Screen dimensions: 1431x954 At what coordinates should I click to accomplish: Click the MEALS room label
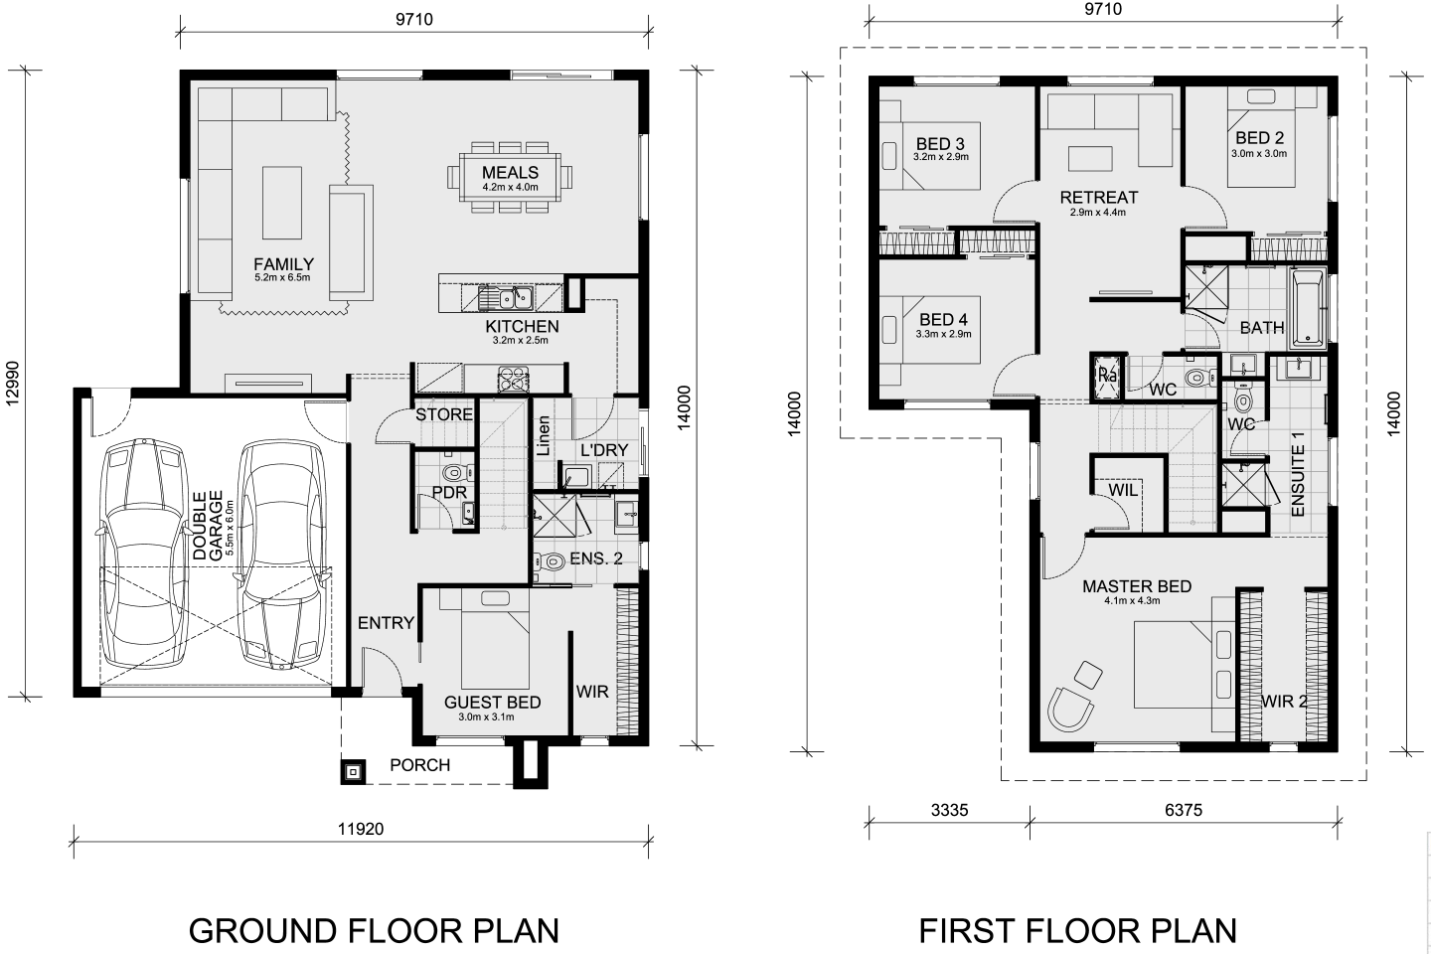point(510,173)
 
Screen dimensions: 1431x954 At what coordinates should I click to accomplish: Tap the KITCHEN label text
point(522,327)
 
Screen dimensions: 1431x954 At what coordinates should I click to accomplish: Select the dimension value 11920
point(361,830)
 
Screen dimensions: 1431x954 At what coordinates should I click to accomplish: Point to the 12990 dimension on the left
point(12,384)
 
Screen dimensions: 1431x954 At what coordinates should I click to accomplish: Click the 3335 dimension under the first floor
point(949,810)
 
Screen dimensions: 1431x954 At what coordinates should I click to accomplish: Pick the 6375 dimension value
point(1184,810)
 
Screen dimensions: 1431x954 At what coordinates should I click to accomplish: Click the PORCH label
point(419,765)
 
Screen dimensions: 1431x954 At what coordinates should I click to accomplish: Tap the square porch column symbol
point(353,772)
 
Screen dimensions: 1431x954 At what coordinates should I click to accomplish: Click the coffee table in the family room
point(282,203)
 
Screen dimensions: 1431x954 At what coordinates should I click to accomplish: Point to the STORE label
point(444,414)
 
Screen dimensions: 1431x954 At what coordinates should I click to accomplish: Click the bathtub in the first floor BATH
point(1307,309)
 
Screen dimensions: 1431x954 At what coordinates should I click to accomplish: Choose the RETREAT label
point(1099,198)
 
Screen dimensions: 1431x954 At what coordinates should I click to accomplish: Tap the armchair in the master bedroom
point(1070,708)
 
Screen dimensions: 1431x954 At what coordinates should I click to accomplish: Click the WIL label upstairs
point(1123,490)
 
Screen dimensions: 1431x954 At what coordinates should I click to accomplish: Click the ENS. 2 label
point(595,558)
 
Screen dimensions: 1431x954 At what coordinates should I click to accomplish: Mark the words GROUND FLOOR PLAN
point(374,931)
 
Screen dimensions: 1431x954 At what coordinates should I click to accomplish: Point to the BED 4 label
point(943,319)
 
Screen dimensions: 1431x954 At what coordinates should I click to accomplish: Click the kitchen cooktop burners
point(514,379)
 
